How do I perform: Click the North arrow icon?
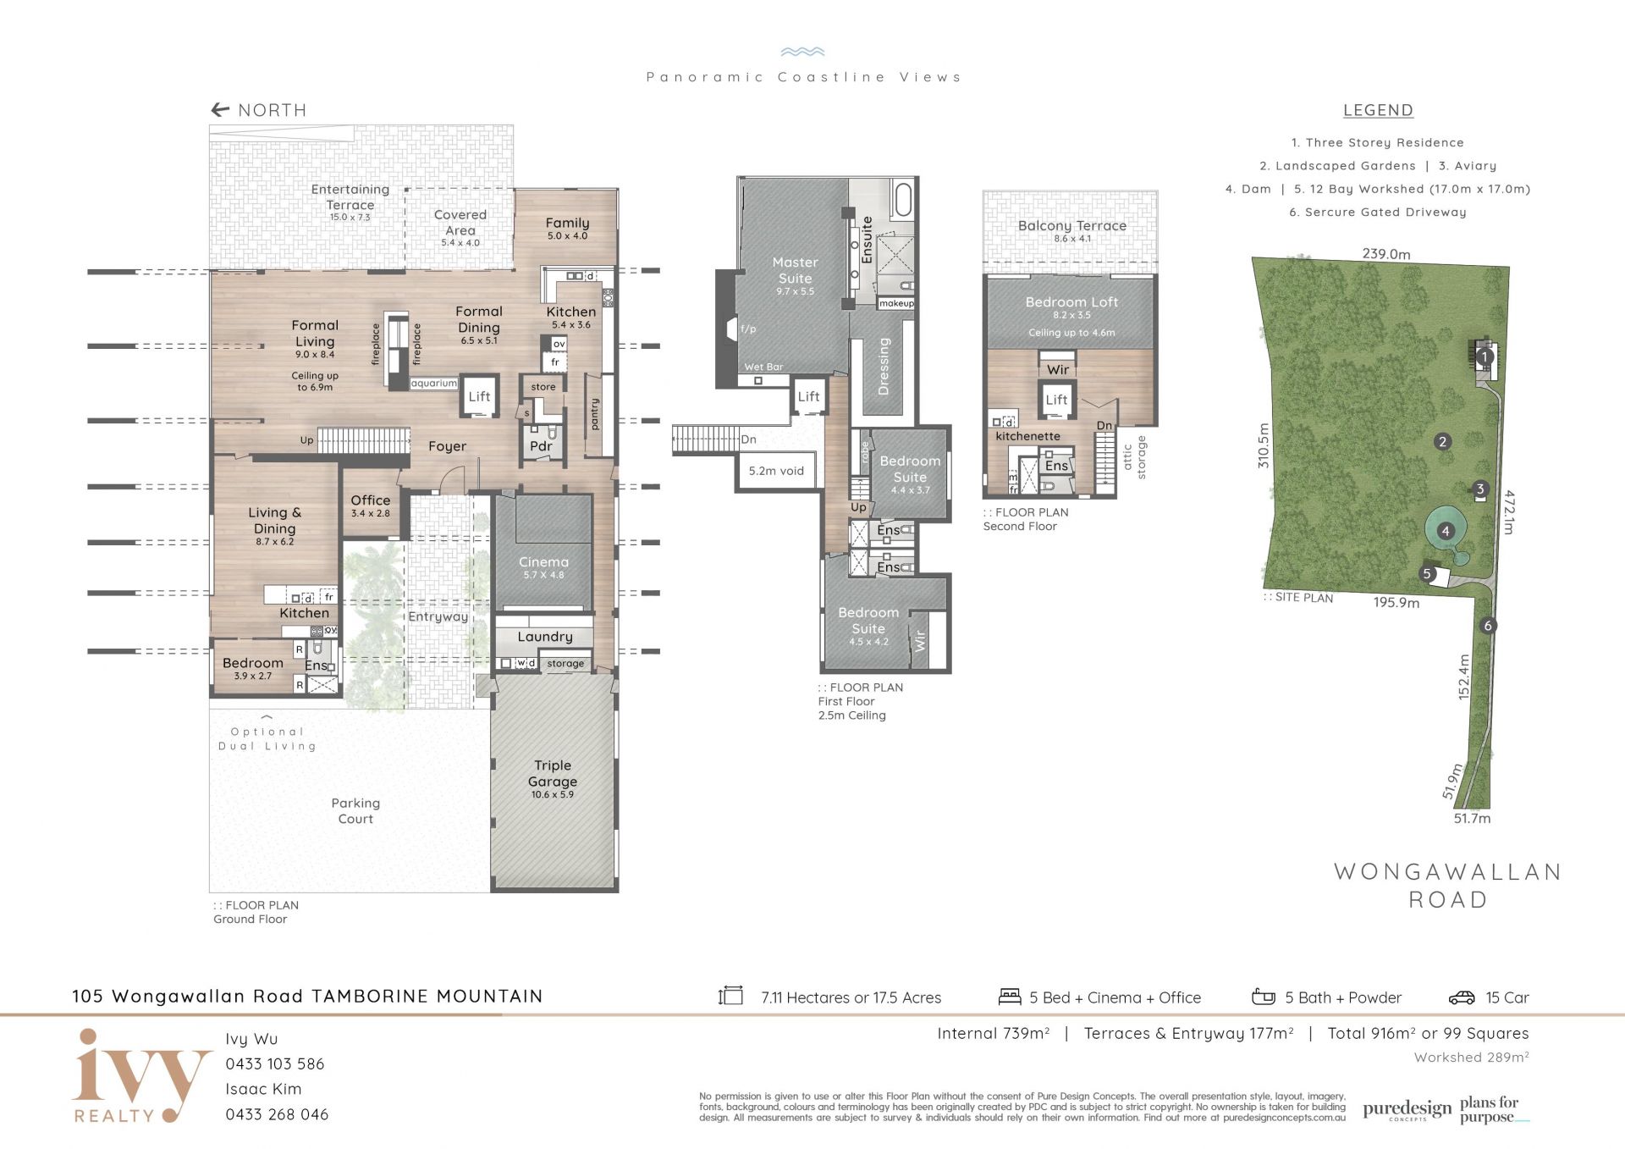pos(220,109)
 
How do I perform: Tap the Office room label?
pos(371,500)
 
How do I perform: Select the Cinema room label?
pos(543,562)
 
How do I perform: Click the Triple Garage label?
pos(553,773)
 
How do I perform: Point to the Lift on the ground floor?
pos(479,396)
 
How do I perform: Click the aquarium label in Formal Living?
pos(434,384)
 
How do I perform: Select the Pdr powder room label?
pos(541,446)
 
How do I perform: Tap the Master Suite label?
pos(796,270)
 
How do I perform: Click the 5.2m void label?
pos(776,471)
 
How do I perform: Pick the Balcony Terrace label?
pos(1072,226)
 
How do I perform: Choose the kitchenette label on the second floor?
pos(1027,436)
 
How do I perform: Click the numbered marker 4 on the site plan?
pos(1446,531)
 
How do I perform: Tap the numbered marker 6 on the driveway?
pos(1488,626)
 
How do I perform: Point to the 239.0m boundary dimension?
pos(1386,254)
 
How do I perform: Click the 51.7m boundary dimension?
pos(1473,819)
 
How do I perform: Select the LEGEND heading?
pos(1378,110)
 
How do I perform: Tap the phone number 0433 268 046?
pos(277,1114)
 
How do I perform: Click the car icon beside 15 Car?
pos(1462,997)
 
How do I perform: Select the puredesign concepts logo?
pos(1407,1111)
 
